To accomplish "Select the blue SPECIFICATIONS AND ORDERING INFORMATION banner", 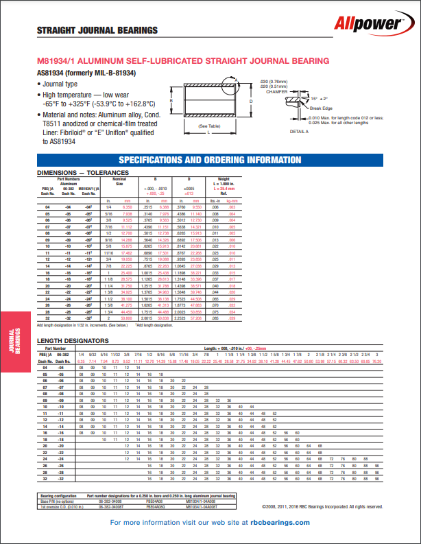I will pyautogui.click(x=210, y=160).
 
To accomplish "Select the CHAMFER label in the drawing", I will pyautogui.click(x=276, y=91).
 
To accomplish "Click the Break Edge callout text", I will pyautogui.click(x=321, y=108).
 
